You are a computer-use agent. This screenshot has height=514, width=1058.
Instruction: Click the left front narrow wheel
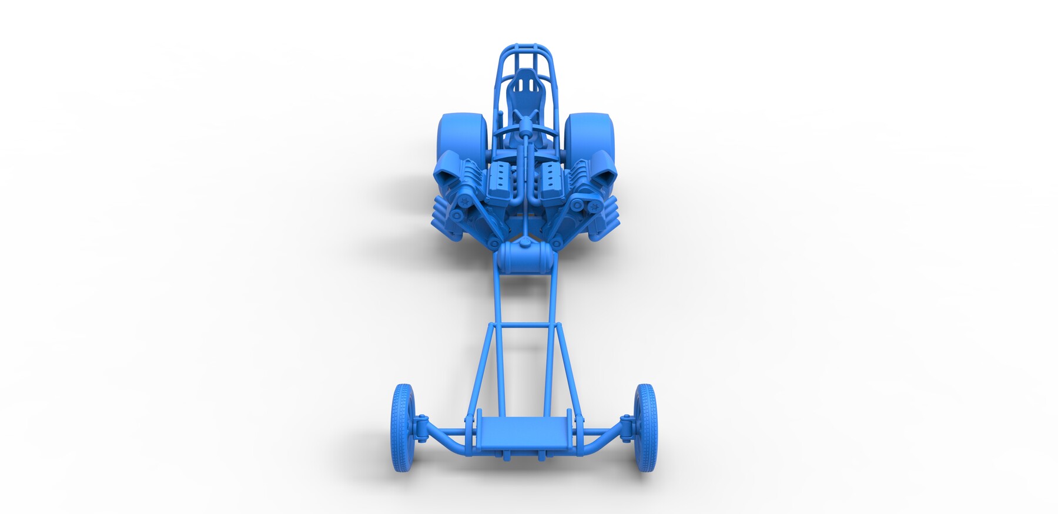pyautogui.click(x=402, y=427)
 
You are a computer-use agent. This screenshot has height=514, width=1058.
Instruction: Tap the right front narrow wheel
pyautogui.click(x=645, y=427)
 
